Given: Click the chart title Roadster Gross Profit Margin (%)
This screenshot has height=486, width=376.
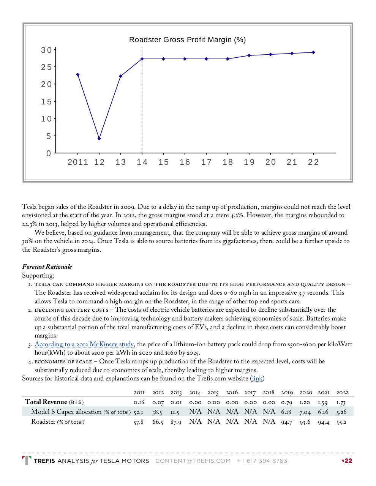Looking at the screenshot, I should click(x=187, y=40).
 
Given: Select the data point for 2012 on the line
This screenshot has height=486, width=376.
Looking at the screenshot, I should click(x=99, y=139).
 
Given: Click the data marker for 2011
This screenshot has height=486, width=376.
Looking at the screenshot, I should click(x=78, y=75).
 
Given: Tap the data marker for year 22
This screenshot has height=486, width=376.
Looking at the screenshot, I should click(x=313, y=52).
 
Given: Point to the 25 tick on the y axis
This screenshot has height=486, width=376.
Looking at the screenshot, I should click(x=46, y=67).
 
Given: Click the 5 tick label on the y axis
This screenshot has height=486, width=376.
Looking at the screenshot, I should click(x=49, y=136).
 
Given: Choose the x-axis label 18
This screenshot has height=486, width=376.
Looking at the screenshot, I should click(x=227, y=162).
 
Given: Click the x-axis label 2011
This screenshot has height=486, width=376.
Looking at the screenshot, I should click(x=78, y=162).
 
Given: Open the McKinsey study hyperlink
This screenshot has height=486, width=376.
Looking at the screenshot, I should click(x=84, y=344).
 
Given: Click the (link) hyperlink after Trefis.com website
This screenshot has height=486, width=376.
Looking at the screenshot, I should click(x=257, y=379).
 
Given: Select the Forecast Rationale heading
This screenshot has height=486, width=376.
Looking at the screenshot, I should click(x=47, y=267).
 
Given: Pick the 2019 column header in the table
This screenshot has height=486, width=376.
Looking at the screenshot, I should click(x=287, y=393).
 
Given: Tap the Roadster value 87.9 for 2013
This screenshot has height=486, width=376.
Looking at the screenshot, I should click(x=176, y=422).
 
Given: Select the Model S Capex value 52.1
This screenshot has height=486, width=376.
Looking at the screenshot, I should click(x=138, y=412).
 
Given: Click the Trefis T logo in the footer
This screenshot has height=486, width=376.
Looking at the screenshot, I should click(x=27, y=461).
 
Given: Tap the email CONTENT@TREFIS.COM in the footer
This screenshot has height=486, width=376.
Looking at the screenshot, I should click(x=193, y=461).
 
